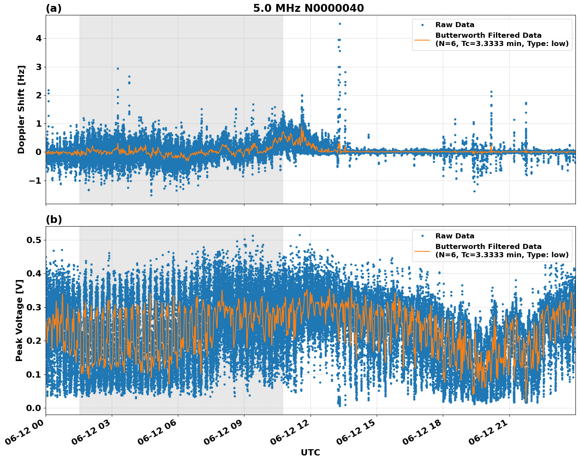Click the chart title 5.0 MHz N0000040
coord(308,8)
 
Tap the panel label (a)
coord(54,8)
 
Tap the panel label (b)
coord(54,219)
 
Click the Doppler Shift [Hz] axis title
coord(21,109)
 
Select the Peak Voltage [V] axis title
coord(19,320)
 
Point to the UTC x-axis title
coord(310,452)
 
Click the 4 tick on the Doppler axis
coord(39,39)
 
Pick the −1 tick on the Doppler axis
coord(37,181)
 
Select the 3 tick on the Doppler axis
coord(39,67)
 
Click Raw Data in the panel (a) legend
coord(455,25)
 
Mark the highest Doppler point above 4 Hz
coord(340,24)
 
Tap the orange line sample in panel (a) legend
coord(422,40)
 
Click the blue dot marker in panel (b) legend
coord(422,236)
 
